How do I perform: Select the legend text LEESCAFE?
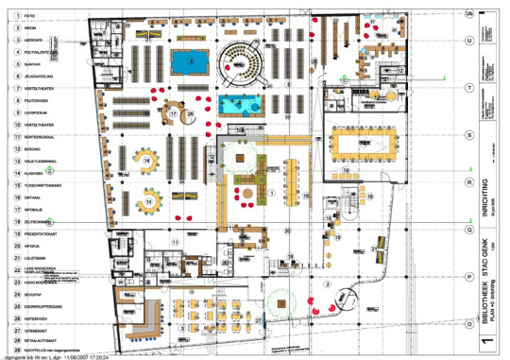click(x=33, y=41)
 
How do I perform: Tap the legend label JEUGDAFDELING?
click(x=38, y=77)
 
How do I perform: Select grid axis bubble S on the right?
click(x=469, y=134)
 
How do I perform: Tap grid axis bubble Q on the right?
click(x=469, y=229)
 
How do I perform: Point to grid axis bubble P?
click(x=469, y=276)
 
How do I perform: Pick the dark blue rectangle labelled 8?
click(x=193, y=62)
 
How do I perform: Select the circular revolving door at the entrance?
click(x=280, y=304)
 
